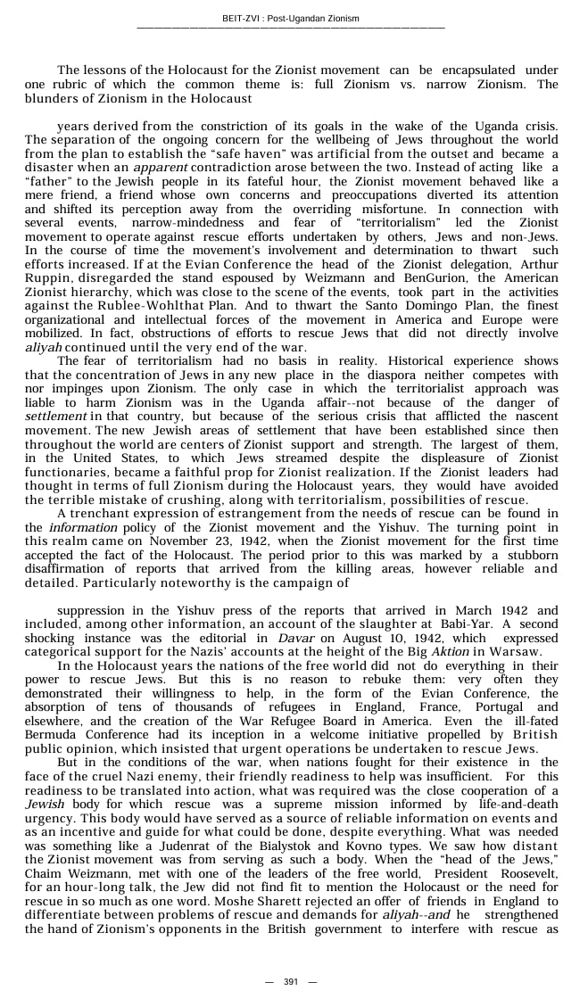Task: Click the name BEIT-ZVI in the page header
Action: [241, 18]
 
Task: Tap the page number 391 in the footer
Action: [291, 981]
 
